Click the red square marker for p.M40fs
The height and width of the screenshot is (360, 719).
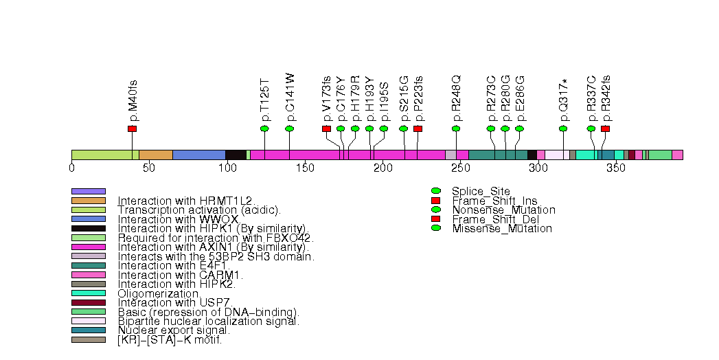132,128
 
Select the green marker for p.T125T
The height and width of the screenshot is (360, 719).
264,128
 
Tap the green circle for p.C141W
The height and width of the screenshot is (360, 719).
289,128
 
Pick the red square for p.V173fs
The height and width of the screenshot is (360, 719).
326,128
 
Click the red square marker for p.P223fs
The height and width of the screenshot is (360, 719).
418,128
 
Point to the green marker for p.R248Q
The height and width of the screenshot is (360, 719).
456,128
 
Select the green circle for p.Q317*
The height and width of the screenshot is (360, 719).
563,128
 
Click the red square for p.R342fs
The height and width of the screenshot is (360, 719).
605,128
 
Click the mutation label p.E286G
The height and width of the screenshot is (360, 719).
520,98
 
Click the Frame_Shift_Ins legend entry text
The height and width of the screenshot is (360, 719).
489,200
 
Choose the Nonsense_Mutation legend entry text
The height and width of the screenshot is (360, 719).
503,210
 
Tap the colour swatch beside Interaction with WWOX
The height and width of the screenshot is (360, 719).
89,219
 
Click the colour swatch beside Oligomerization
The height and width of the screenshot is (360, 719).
89,293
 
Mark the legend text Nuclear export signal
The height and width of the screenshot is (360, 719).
174,330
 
